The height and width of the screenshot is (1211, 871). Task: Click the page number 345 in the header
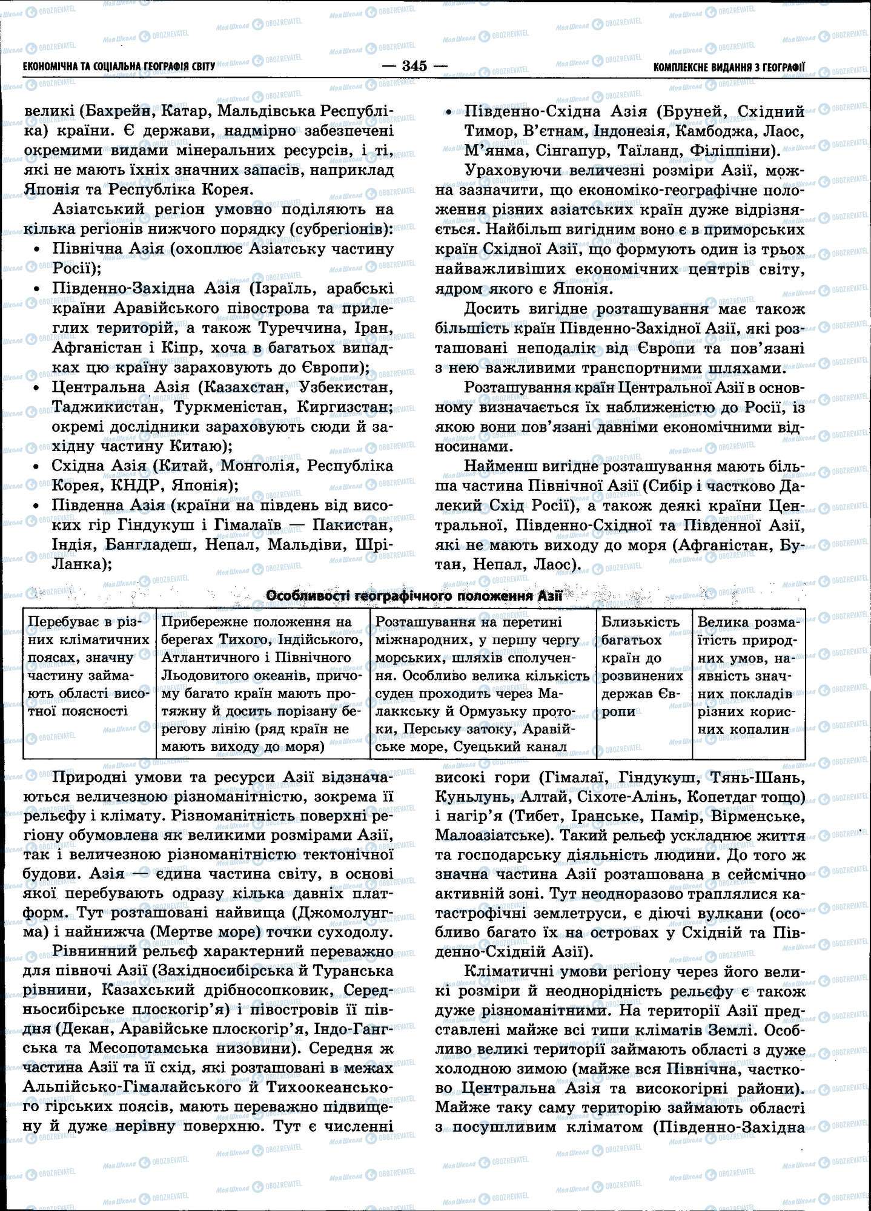(415, 66)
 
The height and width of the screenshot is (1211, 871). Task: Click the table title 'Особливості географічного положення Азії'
(415, 596)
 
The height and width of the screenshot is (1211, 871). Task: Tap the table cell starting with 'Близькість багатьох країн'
(644, 666)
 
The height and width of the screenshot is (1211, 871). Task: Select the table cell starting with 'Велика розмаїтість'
(749, 675)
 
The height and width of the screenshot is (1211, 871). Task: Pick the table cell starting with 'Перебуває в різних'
(89, 666)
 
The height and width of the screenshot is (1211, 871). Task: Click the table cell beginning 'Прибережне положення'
(263, 684)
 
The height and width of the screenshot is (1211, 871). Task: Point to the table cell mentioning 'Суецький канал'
(483, 684)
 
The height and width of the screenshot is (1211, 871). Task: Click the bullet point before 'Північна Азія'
(38, 250)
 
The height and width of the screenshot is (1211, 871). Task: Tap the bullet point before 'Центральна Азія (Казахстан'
(38, 388)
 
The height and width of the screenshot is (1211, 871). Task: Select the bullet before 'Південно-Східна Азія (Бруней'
(449, 113)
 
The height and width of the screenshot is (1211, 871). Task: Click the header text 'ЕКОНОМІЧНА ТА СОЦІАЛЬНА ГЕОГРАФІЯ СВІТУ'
(119, 67)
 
